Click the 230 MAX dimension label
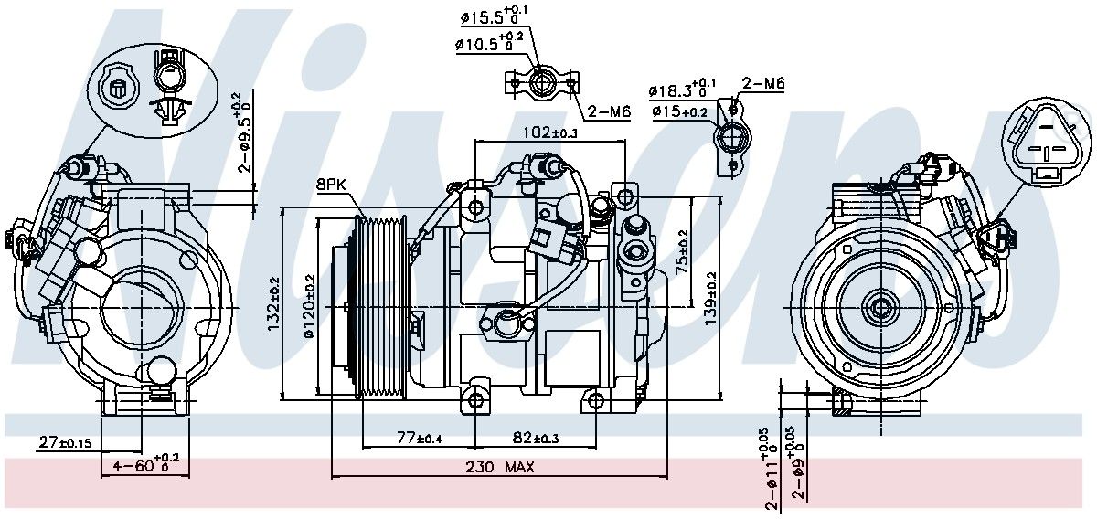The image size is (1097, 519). click(x=499, y=467)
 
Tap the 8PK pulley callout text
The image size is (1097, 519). click(x=331, y=185)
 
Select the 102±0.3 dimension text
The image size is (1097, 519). click(x=551, y=132)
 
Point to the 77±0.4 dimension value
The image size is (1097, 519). click(x=420, y=438)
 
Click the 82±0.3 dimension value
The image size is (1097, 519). click(x=536, y=438)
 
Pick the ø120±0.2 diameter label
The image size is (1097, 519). click(x=310, y=306)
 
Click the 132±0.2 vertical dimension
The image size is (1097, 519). click(x=273, y=304)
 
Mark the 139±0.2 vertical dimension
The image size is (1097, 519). click(x=710, y=298)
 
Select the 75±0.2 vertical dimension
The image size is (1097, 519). click(x=682, y=252)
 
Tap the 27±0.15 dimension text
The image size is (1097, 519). click(x=65, y=442)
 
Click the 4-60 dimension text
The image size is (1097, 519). click(x=146, y=463)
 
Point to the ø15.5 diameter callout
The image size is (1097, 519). click(x=494, y=16)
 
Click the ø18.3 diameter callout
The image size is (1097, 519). click(x=682, y=89)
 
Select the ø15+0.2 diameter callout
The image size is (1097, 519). click(x=680, y=112)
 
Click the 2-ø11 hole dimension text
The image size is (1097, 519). click(x=770, y=471)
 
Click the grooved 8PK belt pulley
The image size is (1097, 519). click(x=380, y=307)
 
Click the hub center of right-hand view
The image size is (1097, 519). click(x=881, y=308)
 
